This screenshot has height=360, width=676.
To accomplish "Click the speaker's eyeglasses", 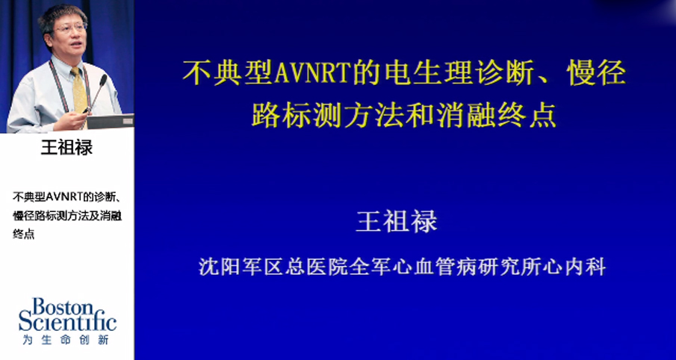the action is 72,27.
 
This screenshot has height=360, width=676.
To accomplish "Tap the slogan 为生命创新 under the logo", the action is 66,340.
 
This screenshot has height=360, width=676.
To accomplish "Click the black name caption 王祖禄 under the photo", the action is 66,147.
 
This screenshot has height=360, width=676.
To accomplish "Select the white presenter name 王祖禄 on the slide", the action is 397,221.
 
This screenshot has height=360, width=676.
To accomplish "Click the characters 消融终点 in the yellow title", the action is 495,116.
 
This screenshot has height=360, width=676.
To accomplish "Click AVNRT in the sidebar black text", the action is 63,197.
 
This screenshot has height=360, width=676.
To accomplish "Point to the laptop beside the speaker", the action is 111,121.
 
